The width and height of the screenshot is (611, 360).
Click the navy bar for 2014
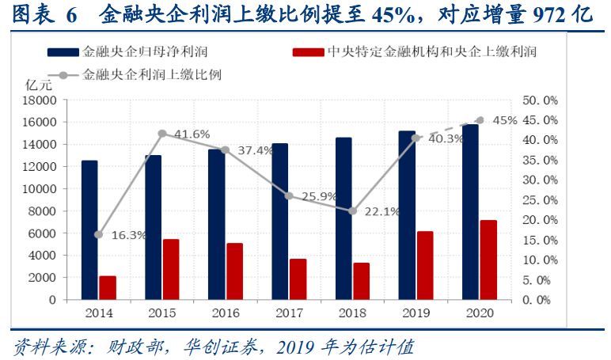89,230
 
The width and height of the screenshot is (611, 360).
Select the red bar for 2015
171,269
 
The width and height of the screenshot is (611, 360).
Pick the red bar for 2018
361,281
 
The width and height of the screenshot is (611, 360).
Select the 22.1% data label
382,211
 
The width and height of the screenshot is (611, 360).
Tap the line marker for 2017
289,195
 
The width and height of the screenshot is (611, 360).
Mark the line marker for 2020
480,120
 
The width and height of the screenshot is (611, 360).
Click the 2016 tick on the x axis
226,313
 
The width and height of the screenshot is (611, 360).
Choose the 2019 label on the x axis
416,313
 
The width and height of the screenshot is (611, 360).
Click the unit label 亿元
38,83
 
